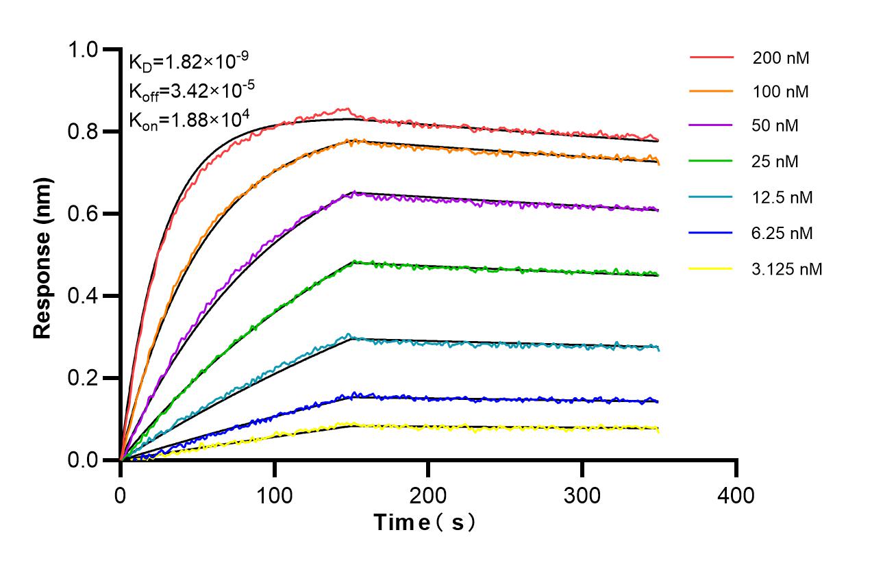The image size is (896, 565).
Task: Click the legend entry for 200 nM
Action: click(x=780, y=58)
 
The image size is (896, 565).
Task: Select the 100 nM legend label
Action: click(x=780, y=92)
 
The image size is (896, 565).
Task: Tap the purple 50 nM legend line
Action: click(x=711, y=127)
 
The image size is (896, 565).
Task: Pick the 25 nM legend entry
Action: click(x=775, y=162)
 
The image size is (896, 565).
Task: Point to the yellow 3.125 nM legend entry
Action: click(x=786, y=269)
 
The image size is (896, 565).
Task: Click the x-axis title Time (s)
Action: click(x=425, y=523)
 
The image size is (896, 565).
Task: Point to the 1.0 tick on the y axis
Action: click(x=84, y=50)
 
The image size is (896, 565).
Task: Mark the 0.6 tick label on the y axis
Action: click(x=84, y=214)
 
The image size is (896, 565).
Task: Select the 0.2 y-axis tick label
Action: click(x=84, y=379)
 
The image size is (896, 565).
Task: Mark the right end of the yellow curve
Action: click(x=658, y=430)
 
